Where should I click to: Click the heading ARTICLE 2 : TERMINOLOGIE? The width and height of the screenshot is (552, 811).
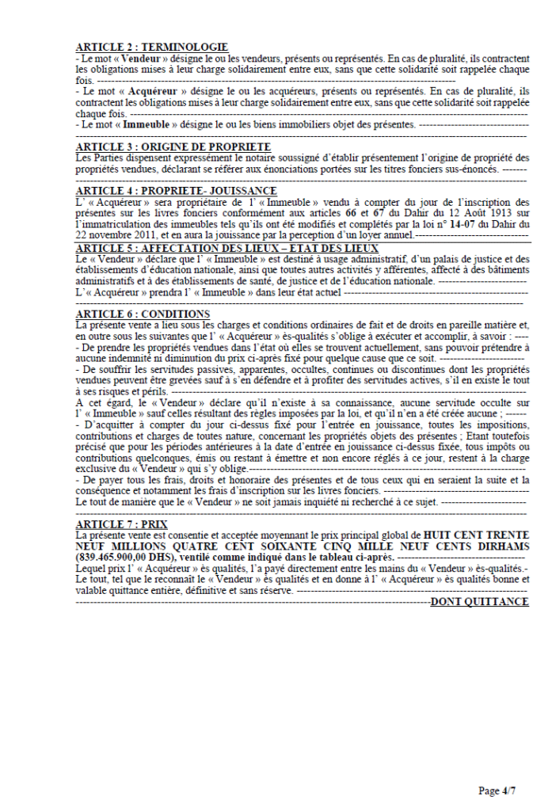click(151, 48)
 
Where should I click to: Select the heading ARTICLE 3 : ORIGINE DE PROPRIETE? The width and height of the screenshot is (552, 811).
click(173, 147)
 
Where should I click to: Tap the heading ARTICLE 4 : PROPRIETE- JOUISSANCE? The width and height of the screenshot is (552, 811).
click(176, 191)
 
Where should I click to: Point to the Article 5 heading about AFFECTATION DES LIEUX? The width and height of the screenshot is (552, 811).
click(227, 248)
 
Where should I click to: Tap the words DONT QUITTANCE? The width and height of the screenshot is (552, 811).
click(479, 603)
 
